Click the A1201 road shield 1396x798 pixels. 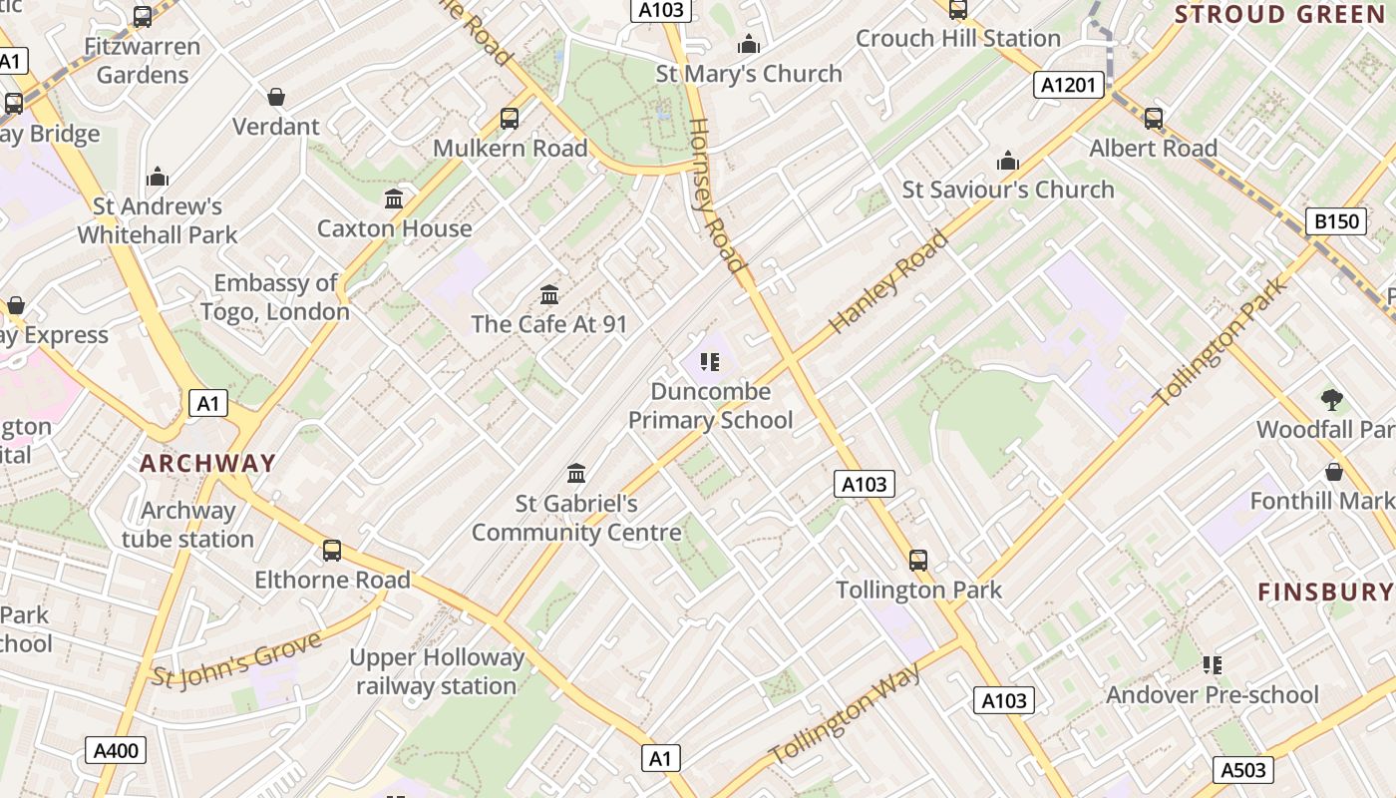point(1068,85)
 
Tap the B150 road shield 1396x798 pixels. point(1335,220)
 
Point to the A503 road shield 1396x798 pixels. point(1243,769)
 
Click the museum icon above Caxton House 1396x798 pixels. point(394,199)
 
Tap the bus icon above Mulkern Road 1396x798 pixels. point(510,119)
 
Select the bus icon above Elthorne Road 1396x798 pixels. point(332,551)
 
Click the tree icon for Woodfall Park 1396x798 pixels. point(1331,401)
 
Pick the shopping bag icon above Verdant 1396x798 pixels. point(276,97)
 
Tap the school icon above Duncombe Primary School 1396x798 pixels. point(710,361)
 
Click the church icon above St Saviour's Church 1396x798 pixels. point(1008,161)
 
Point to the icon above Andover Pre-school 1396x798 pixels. point(1213,664)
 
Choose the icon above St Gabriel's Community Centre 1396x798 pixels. point(576,473)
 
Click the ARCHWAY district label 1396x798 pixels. point(207,463)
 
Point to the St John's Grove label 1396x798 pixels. point(237,658)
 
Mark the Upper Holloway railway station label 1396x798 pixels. point(437,671)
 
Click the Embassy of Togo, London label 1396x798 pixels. point(275,297)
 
